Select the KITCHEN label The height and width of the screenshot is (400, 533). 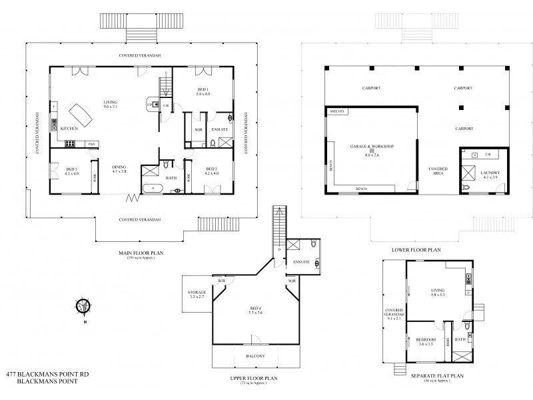pos(71,127)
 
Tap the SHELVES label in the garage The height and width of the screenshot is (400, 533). pos(336,111)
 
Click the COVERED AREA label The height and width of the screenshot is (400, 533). pos(438,171)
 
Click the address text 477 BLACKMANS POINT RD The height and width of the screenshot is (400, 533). pos(47,375)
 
